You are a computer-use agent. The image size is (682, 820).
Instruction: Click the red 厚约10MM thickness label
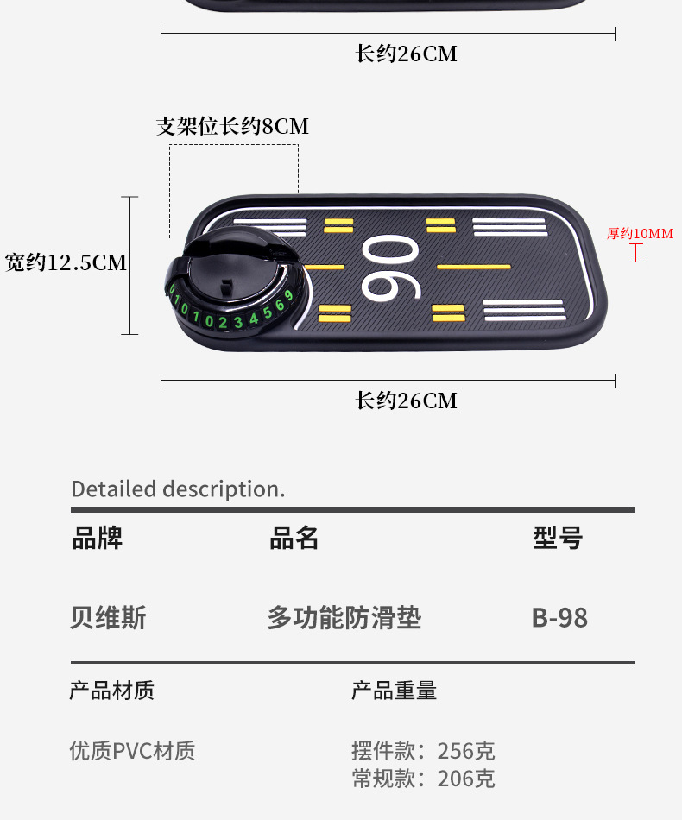639,233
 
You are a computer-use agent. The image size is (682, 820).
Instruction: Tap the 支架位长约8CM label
231,126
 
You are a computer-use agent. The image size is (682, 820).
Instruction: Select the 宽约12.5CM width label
66,262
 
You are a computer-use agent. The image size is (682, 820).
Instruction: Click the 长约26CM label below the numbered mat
406,401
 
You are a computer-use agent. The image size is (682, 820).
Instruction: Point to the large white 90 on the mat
390,268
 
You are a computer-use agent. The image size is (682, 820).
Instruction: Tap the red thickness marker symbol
636,253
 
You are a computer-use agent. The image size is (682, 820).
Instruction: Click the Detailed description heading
178,489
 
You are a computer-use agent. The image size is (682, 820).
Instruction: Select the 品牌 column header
97,538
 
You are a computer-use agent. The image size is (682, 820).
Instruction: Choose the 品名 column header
294,538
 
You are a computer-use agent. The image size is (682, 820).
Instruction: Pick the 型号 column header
558,538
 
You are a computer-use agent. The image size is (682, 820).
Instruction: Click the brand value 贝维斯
108,618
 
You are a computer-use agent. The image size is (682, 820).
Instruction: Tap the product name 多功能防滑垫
344,618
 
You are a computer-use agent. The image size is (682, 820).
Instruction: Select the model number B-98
559,618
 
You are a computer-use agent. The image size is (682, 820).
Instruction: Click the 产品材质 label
111,691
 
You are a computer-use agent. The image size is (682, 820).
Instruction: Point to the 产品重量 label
394,691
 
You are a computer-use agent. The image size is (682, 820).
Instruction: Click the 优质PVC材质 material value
132,750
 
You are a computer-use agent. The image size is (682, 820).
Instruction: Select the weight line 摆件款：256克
423,750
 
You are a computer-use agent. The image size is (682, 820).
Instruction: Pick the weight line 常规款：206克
423,778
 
